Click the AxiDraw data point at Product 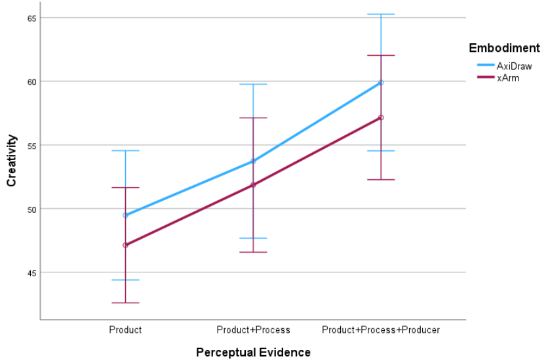[125, 215]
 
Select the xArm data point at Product [125, 245]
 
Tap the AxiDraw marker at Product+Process [253, 161]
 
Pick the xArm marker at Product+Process [253, 184]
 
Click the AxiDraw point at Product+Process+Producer [381, 82]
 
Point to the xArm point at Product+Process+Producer [381, 117]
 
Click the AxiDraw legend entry [514, 66]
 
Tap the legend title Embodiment [504, 48]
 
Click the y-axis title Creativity [12, 160]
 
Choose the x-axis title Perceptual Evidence [253, 352]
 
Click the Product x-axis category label [125, 330]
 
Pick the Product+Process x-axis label [253, 330]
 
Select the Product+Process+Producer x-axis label [381, 330]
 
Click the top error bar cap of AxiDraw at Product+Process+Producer [381, 14]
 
